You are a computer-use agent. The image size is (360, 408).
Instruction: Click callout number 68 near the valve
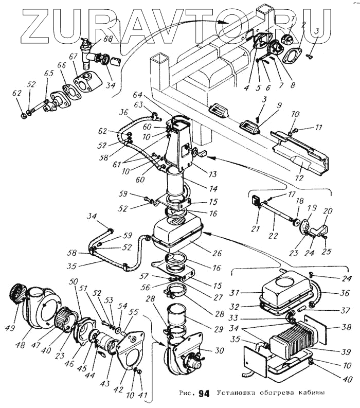tap(108, 38)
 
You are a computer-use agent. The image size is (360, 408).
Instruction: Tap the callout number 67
tap(74, 56)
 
